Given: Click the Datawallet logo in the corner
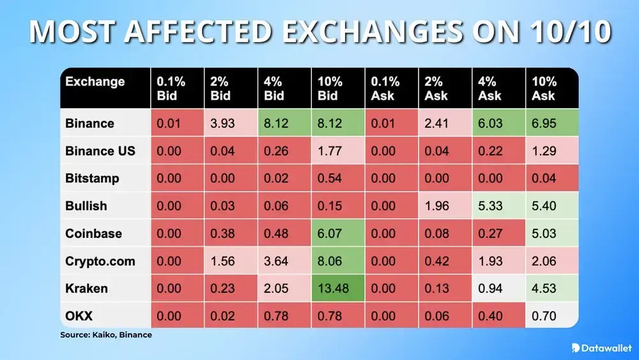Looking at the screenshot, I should tap(601, 347).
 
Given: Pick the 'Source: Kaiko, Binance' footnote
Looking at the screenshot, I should tap(105, 334).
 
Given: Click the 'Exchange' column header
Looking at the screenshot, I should tap(95, 82).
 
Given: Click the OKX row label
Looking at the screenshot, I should tap(80, 316).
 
